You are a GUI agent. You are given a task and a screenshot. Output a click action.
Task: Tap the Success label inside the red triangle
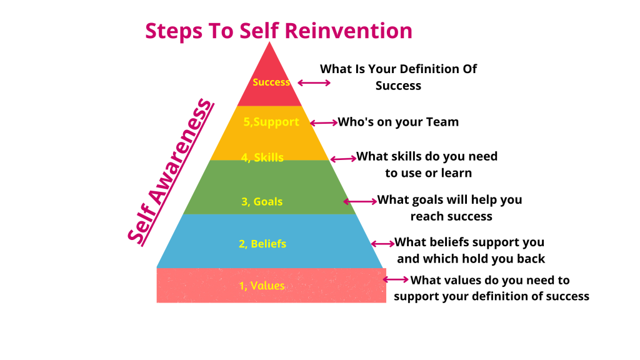pyautogui.click(x=271, y=82)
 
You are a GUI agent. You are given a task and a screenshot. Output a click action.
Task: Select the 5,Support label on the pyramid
pyautogui.click(x=270, y=122)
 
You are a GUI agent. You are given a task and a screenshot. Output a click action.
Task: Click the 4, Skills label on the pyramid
pyautogui.click(x=262, y=157)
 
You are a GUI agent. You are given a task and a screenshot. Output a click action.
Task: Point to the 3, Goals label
pyautogui.click(x=262, y=201)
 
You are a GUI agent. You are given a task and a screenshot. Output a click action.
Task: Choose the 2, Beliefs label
pyautogui.click(x=262, y=243)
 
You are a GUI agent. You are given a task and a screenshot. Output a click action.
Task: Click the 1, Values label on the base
pyautogui.click(x=262, y=286)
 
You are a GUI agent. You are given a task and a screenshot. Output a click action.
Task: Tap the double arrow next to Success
pyautogui.click(x=314, y=82)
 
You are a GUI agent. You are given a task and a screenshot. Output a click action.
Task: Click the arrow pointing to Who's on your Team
pyautogui.click(x=324, y=122)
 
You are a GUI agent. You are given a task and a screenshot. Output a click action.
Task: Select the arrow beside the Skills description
pyautogui.click(x=342, y=159)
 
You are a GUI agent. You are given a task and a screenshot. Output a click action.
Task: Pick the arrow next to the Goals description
pyautogui.click(x=360, y=201)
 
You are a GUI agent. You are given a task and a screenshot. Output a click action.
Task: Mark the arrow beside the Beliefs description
pyautogui.click(x=382, y=244)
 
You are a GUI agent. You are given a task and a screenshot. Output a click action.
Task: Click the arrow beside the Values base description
pyautogui.click(x=395, y=279)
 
